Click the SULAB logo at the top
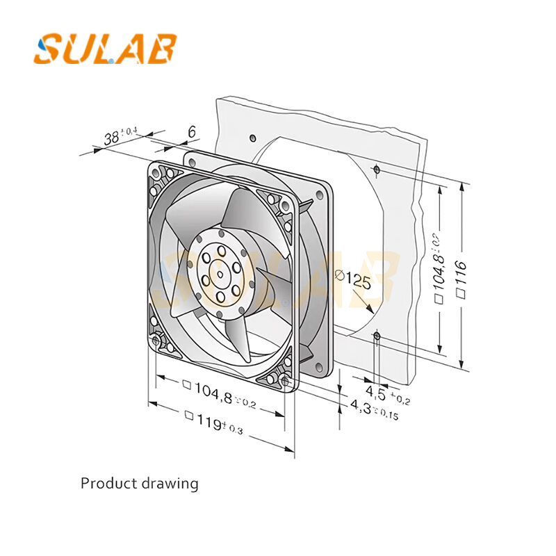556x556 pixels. tap(105, 49)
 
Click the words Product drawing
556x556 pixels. tap(139, 483)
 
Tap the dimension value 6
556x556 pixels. tap(191, 132)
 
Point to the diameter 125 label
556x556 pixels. tap(352, 280)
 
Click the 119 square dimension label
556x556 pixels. tap(212, 422)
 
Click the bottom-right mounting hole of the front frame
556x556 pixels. tap(285, 381)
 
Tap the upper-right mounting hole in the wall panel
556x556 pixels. tap(376, 168)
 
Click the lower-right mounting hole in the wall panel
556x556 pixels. tap(376, 336)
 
